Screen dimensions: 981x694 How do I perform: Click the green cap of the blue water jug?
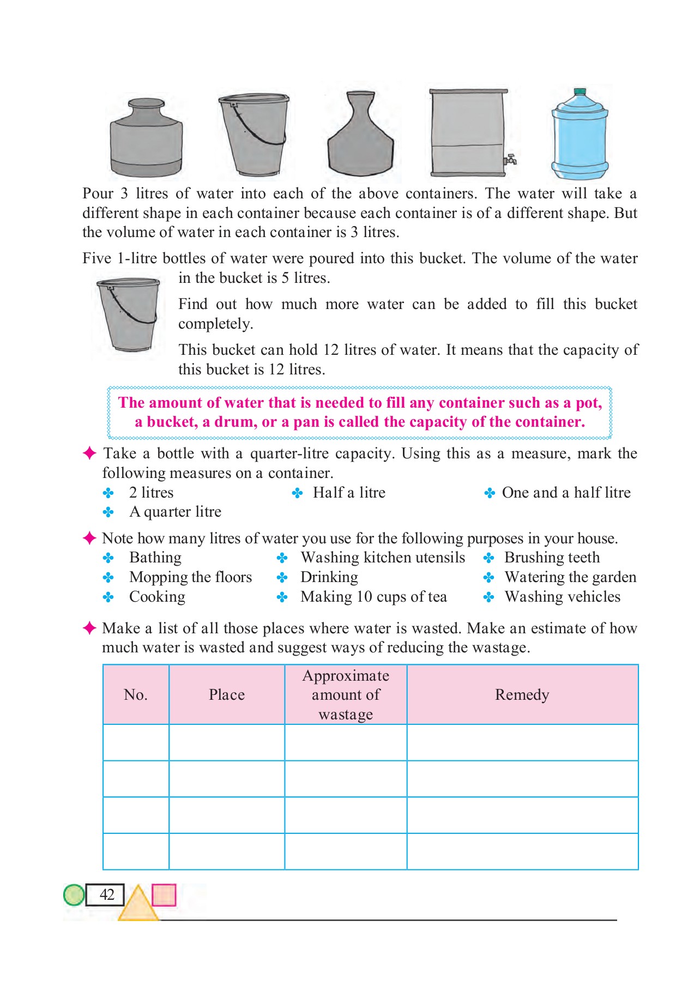point(580,92)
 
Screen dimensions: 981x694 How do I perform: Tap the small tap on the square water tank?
point(511,160)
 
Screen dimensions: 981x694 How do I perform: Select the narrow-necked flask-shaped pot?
point(360,136)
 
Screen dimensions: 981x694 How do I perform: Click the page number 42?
point(106,894)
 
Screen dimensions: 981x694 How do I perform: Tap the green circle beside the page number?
point(74,894)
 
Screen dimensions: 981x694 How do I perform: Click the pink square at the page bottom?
point(164,895)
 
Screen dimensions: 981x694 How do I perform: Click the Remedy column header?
point(522,695)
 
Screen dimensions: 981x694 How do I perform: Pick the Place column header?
point(226,695)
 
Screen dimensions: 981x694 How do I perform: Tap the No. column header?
point(135,695)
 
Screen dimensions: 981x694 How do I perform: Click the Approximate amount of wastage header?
point(346,695)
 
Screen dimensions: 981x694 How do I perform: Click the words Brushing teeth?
point(552,558)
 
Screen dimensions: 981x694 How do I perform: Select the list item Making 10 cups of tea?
point(373,597)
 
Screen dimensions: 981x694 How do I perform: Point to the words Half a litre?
point(349,493)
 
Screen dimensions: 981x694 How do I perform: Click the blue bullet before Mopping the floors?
point(108,577)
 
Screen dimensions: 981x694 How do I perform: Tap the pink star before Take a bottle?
point(89,453)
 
